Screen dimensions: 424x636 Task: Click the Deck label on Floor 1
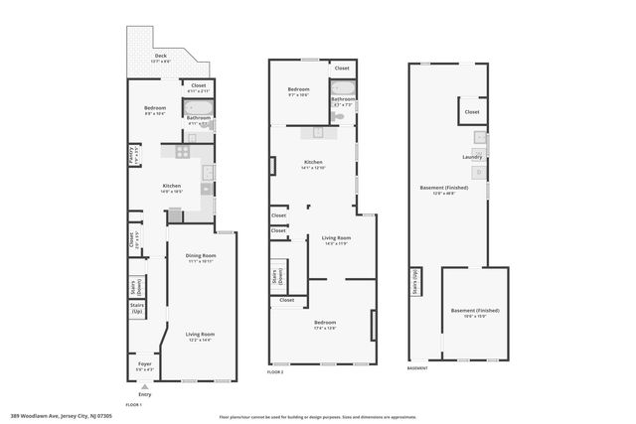tap(160, 58)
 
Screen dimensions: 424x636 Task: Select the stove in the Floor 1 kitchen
tap(182, 152)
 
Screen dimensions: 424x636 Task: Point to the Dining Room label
tap(201, 256)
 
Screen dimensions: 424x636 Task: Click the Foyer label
tap(145, 364)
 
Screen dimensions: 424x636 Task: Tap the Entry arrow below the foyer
tap(145, 387)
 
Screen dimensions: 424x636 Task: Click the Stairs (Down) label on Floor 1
tap(137, 286)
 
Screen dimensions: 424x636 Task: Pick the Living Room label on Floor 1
tap(201, 335)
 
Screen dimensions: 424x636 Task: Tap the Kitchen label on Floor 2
tap(314, 162)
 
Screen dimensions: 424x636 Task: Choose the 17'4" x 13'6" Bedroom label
tap(325, 323)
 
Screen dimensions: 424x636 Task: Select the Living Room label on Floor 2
tap(336, 238)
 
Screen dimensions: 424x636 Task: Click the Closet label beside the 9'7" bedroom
tap(342, 68)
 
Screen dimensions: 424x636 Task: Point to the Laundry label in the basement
tap(472, 156)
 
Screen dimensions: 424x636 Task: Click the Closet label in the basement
tap(472, 112)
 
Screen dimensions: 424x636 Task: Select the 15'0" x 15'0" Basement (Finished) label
tap(475, 312)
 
